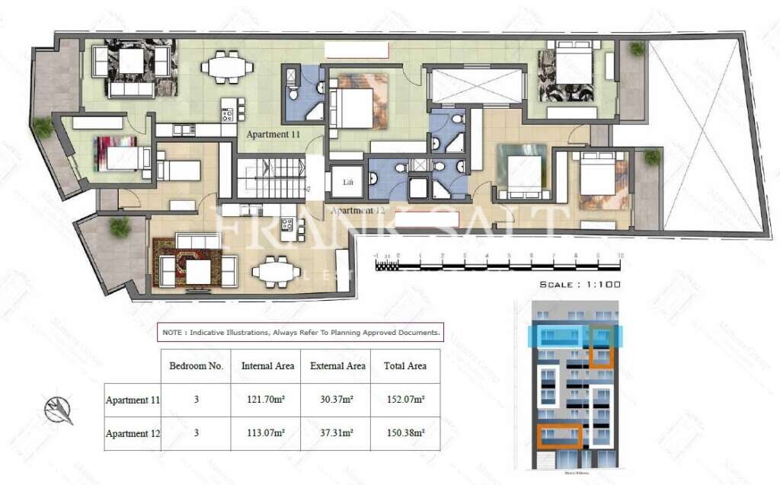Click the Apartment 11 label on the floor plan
[273, 134]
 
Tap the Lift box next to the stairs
[348, 183]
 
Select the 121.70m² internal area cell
[267, 400]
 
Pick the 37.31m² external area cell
[337, 433]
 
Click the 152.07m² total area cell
[404, 400]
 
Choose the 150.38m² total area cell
[404, 433]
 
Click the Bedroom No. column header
[196, 366]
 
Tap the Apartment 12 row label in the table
[132, 433]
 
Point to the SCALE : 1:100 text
[580, 284]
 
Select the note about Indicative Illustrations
[301, 332]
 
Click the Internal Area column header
[267, 366]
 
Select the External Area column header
[337, 366]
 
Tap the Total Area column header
[404, 366]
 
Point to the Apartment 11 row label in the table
[132, 400]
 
